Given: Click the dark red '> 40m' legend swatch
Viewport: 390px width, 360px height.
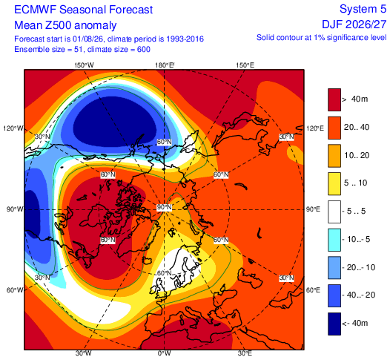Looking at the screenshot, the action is click(x=334, y=99).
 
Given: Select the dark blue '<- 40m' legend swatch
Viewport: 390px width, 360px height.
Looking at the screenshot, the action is click(x=334, y=324).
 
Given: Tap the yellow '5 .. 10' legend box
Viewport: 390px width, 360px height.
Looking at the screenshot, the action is click(x=334, y=184).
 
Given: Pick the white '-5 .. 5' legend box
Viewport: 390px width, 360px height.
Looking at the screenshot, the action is click(x=334, y=212).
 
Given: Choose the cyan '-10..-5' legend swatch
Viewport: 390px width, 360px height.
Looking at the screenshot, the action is click(x=334, y=240).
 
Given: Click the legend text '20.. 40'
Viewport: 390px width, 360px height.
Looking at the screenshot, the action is click(x=357, y=127).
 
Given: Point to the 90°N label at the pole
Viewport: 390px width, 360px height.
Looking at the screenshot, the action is click(x=164, y=207).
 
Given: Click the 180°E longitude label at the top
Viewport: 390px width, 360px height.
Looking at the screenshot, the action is click(x=165, y=65).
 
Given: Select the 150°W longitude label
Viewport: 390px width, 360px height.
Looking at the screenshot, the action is click(x=84, y=65).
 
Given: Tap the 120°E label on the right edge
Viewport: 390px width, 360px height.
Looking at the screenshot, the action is click(x=315, y=128).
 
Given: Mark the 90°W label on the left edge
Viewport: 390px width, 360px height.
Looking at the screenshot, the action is click(x=15, y=209).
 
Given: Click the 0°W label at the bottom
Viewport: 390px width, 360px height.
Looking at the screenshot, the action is click(x=164, y=353).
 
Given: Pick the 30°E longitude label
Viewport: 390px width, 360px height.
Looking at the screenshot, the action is click(x=245, y=353).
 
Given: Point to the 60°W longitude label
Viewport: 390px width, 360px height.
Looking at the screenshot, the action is click(x=15, y=290).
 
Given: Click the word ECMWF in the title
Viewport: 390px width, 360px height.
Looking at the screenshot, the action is click(x=36, y=10).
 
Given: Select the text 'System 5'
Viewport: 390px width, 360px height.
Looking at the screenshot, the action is click(x=363, y=9).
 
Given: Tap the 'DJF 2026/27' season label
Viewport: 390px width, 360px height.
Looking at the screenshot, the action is click(x=354, y=24).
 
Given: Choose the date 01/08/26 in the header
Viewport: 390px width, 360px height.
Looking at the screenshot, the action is click(x=88, y=39).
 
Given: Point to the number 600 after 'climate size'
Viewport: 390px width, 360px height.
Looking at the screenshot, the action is click(x=144, y=49).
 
